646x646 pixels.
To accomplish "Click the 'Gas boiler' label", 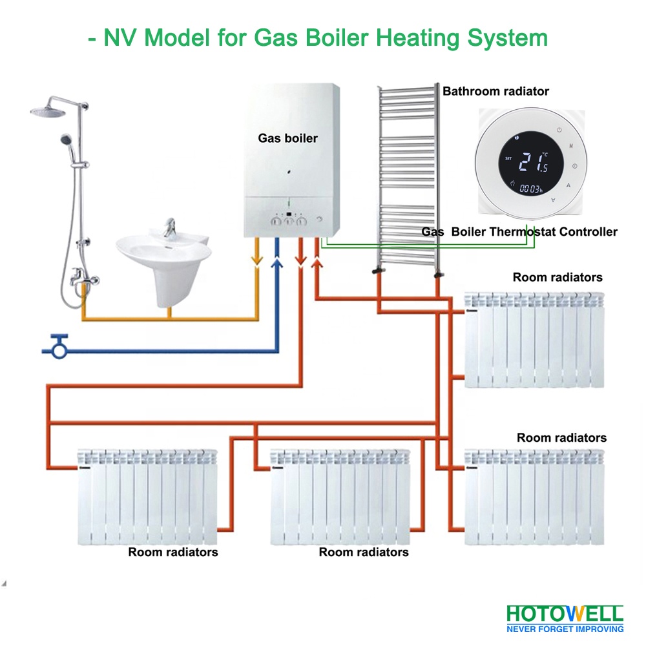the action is (x=288, y=138).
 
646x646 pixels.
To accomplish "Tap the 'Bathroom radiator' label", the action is (x=495, y=91).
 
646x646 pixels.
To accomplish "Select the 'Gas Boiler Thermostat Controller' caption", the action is (x=519, y=231).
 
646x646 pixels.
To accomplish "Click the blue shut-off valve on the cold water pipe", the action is (x=59, y=347).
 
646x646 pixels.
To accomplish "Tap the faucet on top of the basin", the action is (x=170, y=227).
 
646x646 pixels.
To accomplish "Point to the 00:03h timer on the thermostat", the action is (x=532, y=189).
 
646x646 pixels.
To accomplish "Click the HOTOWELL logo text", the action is (x=565, y=613).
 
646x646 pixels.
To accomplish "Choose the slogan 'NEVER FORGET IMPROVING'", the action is (x=565, y=628).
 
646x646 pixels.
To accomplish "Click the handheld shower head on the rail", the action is (x=65, y=140).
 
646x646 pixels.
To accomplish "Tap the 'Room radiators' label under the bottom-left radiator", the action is (x=172, y=552).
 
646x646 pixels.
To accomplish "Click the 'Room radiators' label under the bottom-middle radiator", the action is (x=364, y=552).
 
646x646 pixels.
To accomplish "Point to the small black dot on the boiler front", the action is (x=287, y=172).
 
